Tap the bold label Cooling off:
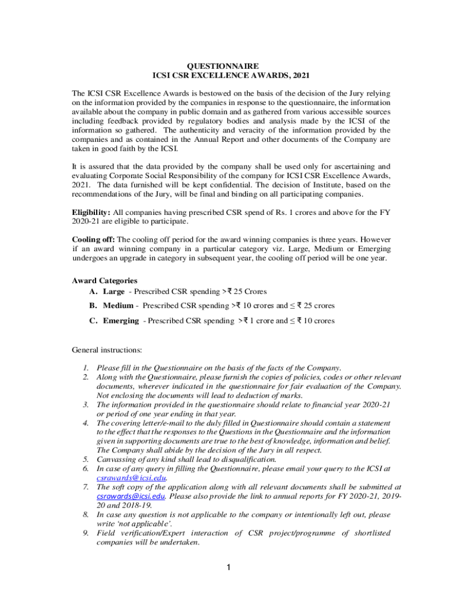click(93, 240)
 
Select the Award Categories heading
click(104, 280)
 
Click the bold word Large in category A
click(113, 292)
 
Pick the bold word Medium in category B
click(118, 306)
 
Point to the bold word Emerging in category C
click(121, 321)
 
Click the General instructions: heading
click(107, 350)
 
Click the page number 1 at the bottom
click(229, 568)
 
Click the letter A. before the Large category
click(93, 292)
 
